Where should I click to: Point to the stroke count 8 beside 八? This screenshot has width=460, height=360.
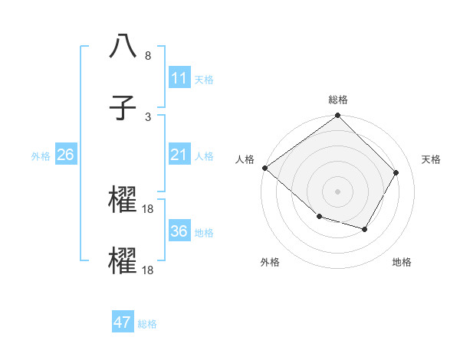[148, 56]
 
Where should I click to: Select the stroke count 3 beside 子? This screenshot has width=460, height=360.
[148, 116]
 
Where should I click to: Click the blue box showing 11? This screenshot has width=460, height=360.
[179, 78]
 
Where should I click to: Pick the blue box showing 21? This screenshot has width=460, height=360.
[179, 155]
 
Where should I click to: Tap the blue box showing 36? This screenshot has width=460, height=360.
[179, 231]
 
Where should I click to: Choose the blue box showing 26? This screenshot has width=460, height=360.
[65, 155]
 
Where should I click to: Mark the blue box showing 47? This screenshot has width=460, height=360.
[123, 322]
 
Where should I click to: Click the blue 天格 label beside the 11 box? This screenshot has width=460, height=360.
[204, 79]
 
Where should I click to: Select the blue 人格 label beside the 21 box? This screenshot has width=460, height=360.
[204, 156]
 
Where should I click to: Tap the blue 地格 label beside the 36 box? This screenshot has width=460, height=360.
[204, 232]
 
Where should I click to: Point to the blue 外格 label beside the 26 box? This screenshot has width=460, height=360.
[41, 156]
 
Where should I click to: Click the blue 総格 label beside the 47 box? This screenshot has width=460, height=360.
[147, 323]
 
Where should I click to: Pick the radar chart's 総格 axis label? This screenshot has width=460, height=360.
[338, 100]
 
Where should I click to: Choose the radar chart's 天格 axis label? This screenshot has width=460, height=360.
[431, 159]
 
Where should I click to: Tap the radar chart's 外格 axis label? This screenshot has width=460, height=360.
[270, 262]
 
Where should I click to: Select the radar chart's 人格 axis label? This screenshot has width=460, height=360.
[245, 159]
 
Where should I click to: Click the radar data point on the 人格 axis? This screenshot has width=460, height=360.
[264, 168]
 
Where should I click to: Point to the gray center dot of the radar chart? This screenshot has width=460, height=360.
[337, 191]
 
